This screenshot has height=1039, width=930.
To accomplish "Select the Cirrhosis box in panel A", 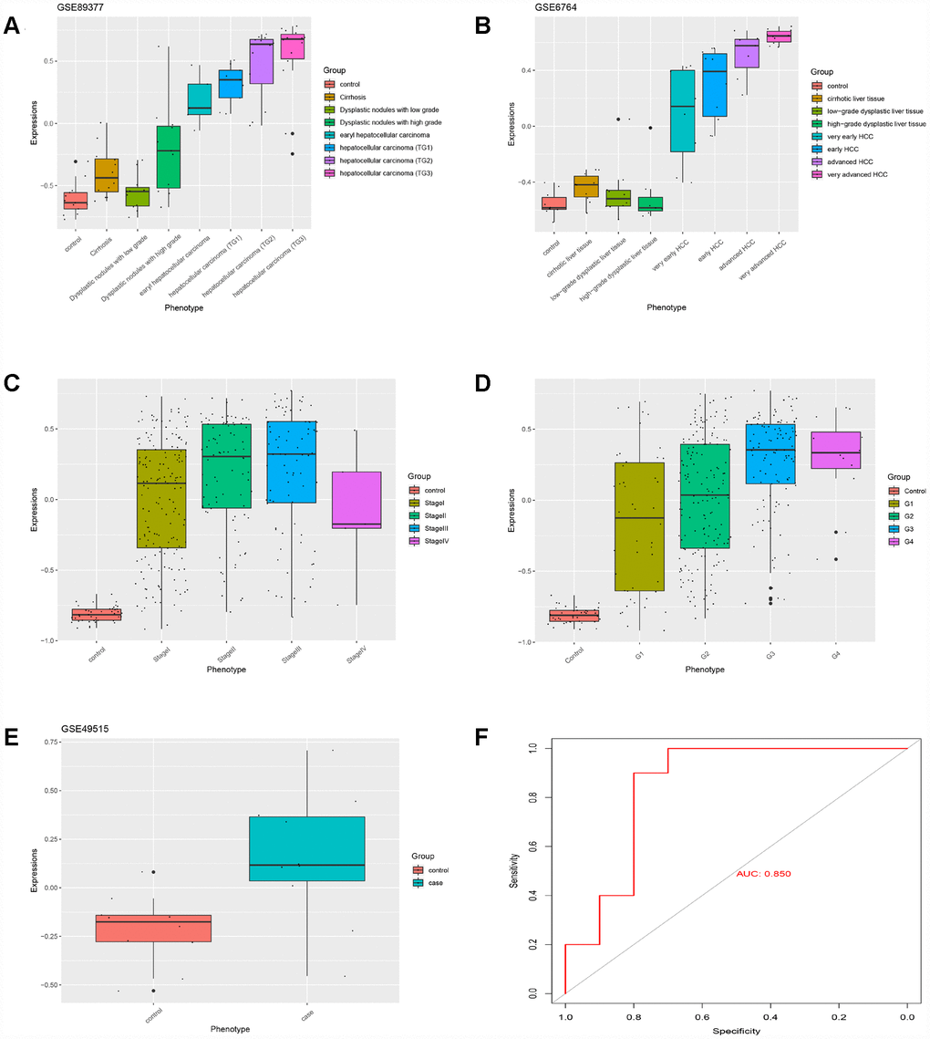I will (x=107, y=174).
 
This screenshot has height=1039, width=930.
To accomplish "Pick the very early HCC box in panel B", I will (x=682, y=110).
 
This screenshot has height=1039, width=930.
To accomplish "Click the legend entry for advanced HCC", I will (x=844, y=161).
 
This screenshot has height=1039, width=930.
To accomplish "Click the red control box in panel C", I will (x=96, y=614).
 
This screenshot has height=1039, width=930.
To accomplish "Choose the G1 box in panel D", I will (x=639, y=526).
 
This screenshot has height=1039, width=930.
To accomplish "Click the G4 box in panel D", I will (x=836, y=450).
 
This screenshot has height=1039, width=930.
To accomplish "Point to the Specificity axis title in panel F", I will (x=734, y=1031).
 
